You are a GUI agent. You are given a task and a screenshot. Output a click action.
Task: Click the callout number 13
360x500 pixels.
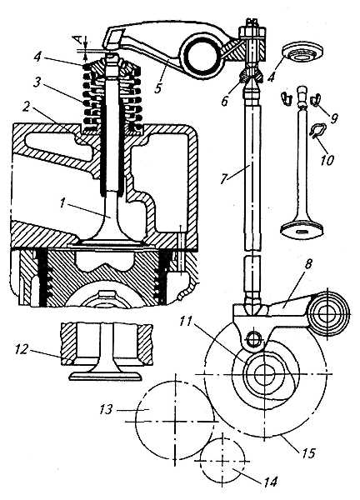pyautogui.click(x=106, y=409)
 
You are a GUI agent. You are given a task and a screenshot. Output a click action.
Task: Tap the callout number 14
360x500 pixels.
pyautogui.click(x=270, y=481)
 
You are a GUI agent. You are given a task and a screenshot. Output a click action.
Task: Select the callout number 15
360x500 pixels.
pyautogui.click(x=308, y=452)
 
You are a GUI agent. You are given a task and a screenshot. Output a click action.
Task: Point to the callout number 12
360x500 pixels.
pyautogui.click(x=22, y=349)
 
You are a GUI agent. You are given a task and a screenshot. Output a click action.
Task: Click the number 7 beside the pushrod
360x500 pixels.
pyautogui.click(x=224, y=178)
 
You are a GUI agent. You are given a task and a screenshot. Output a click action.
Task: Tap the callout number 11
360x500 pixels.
pyautogui.click(x=186, y=321)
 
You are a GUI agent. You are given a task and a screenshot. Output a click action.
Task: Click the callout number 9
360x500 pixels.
pyautogui.click(x=334, y=118)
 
